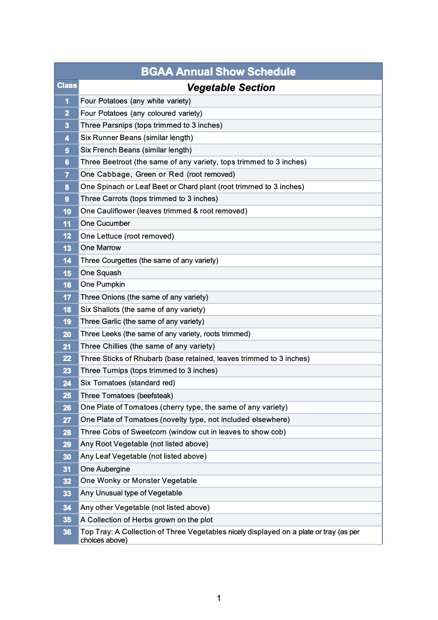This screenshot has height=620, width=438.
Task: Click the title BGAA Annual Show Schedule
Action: tap(218, 72)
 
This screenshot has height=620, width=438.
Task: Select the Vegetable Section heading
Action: tap(231, 87)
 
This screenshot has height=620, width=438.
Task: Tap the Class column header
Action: tap(67, 85)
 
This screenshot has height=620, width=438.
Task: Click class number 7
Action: tap(67, 175)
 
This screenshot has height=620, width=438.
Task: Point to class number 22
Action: tap(67, 358)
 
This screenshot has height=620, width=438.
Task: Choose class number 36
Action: tap(67, 532)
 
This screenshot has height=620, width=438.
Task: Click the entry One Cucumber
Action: tap(105, 223)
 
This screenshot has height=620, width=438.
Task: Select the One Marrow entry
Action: tap(100, 248)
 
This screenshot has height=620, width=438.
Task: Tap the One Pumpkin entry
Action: tap(103, 285)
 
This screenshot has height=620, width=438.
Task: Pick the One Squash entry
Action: tap(101, 273)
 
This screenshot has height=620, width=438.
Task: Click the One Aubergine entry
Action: tap(105, 469)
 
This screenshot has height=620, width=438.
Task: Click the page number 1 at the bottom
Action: tap(219, 598)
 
